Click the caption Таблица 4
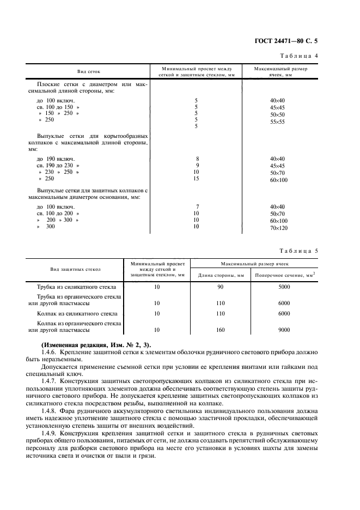pos(302,57)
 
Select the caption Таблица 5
pos(302,251)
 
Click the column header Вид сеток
pos(89,72)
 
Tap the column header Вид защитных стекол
pos(76,269)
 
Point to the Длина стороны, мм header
pos(221,275)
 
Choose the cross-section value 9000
pos(284,330)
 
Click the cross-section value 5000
pos(284,287)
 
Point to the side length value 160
pos(221,330)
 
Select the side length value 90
pos(221,287)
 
